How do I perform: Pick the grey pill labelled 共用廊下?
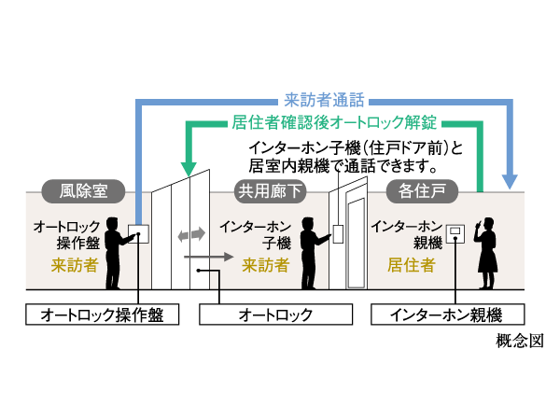click(270, 192)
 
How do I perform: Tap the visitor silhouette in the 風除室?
click(116, 252)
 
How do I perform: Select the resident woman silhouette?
click(487, 250)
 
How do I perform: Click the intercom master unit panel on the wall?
click(455, 232)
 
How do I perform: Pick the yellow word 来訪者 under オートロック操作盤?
click(74, 265)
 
